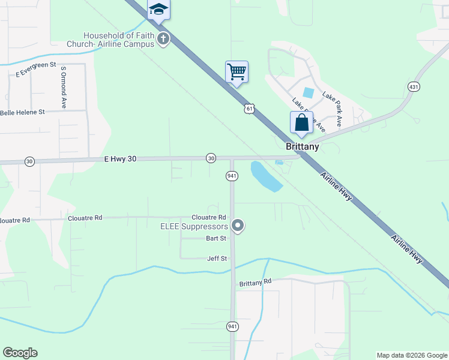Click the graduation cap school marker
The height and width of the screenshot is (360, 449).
coord(158,10)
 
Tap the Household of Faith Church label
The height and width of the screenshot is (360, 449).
coord(119,40)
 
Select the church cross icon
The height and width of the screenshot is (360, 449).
coord(163,40)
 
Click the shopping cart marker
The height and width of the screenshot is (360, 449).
coord(237,72)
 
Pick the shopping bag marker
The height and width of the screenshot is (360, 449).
coord(301,122)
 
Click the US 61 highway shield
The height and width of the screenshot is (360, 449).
coord(250,108)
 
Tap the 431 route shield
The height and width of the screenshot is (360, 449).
coord(414,86)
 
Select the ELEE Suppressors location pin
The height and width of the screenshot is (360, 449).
coord(238,226)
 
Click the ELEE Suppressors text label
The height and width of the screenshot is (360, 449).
coord(194,226)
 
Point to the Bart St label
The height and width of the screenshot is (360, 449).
coord(216,238)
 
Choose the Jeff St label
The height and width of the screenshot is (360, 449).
coord(217,259)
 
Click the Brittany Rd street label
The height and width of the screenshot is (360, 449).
coord(255,282)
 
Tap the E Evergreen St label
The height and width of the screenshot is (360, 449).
coord(35,68)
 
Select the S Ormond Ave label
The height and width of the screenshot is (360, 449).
coord(63,87)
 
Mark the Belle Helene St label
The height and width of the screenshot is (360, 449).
coord(23,112)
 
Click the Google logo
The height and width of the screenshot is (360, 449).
coord(20,353)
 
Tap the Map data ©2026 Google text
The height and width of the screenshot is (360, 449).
coord(412,355)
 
